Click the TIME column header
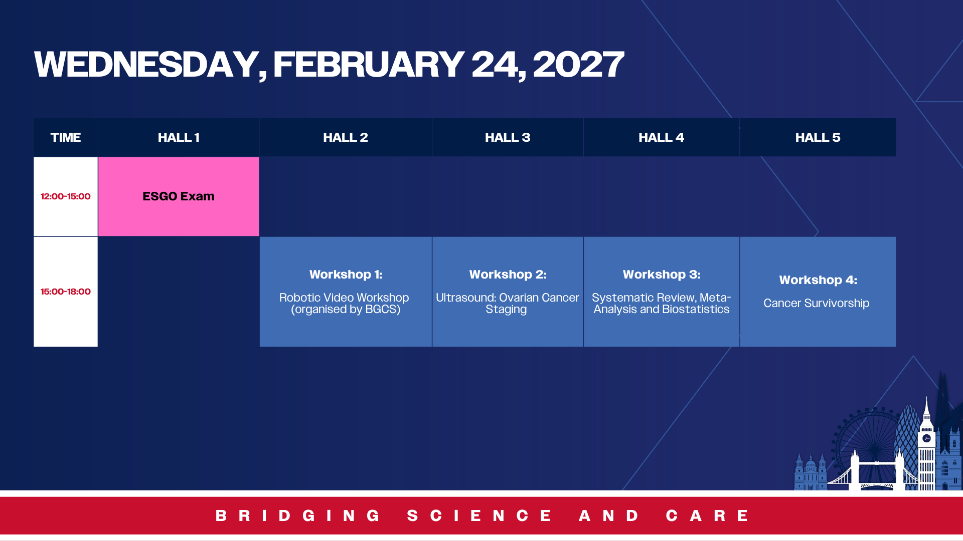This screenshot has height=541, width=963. tap(66, 137)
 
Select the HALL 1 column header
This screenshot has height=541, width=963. tap(179, 137)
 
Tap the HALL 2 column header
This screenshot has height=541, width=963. tap(346, 137)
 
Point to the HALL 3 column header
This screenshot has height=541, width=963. tap(508, 137)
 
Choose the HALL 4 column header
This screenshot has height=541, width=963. tap(661, 137)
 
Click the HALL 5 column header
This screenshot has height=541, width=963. tap(818, 137)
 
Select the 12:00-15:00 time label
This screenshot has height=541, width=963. tap(66, 196)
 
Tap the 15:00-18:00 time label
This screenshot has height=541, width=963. tap(66, 292)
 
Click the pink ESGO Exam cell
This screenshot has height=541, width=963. tap(179, 196)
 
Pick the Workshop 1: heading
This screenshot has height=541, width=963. tap(346, 275)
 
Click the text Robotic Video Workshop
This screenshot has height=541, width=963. tap(344, 298)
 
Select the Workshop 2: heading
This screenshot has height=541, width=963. tap(508, 275)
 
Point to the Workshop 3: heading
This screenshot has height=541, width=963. tap(662, 275)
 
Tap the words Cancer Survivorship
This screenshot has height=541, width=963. tap(816, 303)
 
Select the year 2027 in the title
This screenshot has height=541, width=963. tap(578, 65)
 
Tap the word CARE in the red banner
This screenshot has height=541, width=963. tap(707, 515)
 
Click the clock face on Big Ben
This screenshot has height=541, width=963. tap(926, 438)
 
